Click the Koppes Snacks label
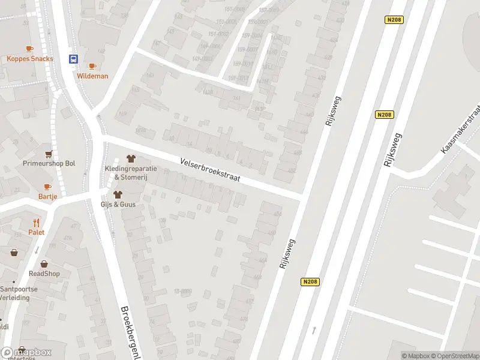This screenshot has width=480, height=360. [x=30, y=59]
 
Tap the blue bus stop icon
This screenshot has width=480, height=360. [x=74, y=59]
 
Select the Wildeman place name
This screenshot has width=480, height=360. [x=92, y=76]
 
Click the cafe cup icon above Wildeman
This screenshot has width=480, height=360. [x=92, y=66]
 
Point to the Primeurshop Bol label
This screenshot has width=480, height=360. [x=49, y=163]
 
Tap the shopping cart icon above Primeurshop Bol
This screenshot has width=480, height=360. [x=49, y=154]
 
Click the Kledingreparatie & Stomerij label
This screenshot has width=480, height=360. [x=131, y=173]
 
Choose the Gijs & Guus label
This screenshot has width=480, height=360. [x=118, y=205]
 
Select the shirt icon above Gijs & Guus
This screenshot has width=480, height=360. [x=118, y=194]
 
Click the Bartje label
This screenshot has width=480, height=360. [x=47, y=197]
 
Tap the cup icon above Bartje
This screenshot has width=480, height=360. [x=47, y=187]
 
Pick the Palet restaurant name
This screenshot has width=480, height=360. [x=36, y=232]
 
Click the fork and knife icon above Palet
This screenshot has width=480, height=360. [x=36, y=222]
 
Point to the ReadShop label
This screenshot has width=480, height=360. [x=44, y=274]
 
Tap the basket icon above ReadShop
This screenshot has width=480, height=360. [x=44, y=264]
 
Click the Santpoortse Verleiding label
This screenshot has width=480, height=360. [x=19, y=293]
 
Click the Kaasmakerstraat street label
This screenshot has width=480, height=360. [x=461, y=128]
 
